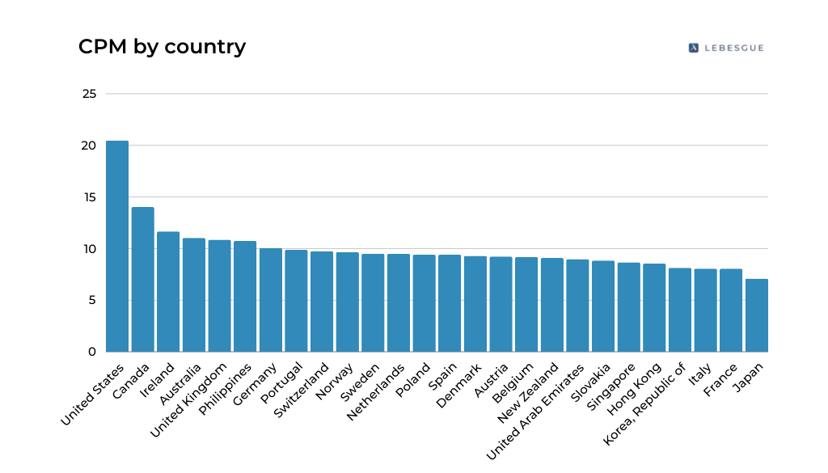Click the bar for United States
click(x=117, y=247)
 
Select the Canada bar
click(x=143, y=280)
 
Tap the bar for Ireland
click(x=168, y=292)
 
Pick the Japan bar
click(x=757, y=315)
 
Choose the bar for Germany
click(x=271, y=300)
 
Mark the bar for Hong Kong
click(x=654, y=308)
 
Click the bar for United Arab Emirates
click(x=577, y=306)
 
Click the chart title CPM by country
click(x=162, y=47)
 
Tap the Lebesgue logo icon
click(x=693, y=48)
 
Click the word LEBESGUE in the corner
click(x=733, y=48)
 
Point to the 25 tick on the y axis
click(x=89, y=94)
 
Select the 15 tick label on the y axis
click(x=89, y=197)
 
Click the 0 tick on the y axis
click(x=92, y=352)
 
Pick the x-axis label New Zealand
click(x=530, y=392)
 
